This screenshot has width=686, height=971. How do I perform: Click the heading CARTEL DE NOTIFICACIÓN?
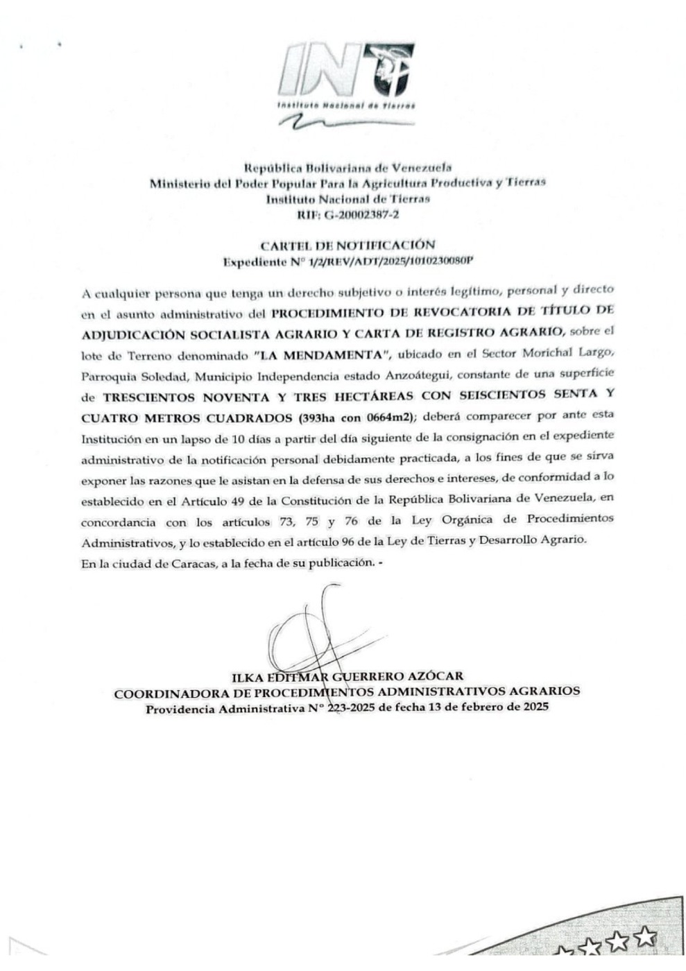point(348,245)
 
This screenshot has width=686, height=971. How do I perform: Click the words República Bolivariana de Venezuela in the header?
point(348,167)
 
